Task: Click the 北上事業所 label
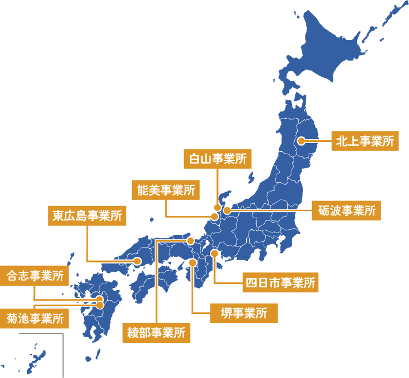point(365,141)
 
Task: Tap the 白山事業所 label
point(217,159)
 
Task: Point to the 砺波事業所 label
point(346,210)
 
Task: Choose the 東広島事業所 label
point(87,216)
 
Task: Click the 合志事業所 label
point(35,276)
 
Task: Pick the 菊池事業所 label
point(35,319)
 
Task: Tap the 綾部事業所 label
point(156,333)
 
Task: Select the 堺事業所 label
point(243,313)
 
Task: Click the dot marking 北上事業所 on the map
point(301,141)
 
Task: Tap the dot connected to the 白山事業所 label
point(217,207)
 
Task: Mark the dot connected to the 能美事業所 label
point(214,217)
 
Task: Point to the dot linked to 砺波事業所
point(227,210)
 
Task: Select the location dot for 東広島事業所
point(137,261)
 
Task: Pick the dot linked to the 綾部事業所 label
point(190,240)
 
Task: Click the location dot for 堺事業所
point(193,263)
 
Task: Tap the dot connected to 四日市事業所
point(215,253)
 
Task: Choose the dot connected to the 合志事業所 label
point(99,299)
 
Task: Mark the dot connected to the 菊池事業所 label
point(100,305)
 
